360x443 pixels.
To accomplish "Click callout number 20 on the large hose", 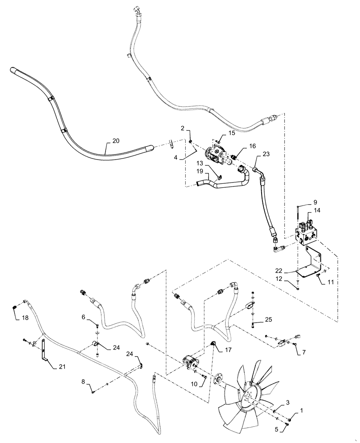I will [115, 141].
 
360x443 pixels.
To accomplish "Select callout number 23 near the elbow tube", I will [266, 155].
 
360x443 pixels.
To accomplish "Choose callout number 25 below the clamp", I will [268, 319].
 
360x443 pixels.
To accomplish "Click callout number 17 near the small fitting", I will [228, 350].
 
